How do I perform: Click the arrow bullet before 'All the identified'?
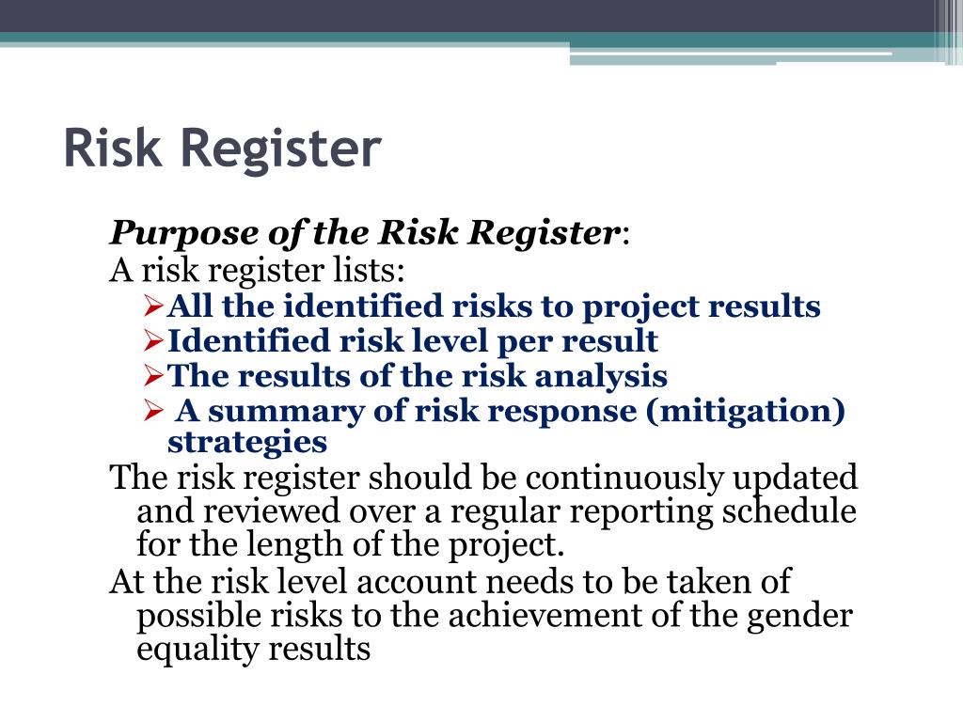(x=156, y=306)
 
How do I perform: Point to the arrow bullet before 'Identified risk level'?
(x=156, y=341)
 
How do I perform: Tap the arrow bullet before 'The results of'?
(x=156, y=376)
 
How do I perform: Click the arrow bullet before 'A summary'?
(x=156, y=411)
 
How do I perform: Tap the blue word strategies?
(x=247, y=442)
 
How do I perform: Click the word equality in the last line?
(x=197, y=650)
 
